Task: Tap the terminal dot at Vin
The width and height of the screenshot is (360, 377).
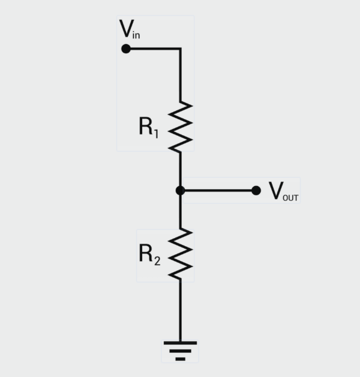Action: (126, 48)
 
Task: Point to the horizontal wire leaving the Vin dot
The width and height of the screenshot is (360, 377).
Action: (153, 48)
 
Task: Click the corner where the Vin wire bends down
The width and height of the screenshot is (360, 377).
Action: (180, 49)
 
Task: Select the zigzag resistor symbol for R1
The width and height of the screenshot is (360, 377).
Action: (180, 126)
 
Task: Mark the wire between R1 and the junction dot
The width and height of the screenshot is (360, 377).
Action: (180, 169)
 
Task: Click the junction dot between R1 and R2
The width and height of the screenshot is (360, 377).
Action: (180, 190)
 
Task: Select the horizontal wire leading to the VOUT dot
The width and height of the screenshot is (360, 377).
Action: (218, 190)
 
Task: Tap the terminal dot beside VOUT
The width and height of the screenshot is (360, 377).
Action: (256, 190)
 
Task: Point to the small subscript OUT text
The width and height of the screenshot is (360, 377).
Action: (290, 198)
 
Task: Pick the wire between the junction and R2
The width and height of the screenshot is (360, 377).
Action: (180, 211)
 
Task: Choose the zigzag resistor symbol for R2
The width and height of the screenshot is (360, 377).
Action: (180, 254)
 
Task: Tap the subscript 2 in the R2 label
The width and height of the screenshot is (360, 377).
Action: (157, 261)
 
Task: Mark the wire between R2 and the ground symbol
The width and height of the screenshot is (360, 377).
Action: (180, 310)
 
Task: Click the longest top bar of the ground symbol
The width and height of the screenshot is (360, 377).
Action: (180, 342)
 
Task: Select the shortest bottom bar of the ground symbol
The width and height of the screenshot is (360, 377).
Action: (180, 358)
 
